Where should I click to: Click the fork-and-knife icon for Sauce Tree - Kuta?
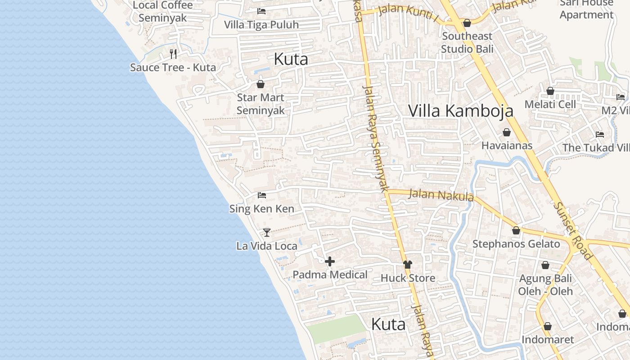(173, 54)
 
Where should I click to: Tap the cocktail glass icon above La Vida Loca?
(267, 233)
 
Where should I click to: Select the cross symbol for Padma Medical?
(330, 261)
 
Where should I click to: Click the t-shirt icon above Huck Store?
(408, 265)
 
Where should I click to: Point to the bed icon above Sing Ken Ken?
(262, 195)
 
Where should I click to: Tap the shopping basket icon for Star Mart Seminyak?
(260, 84)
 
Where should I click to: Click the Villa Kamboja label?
(460, 111)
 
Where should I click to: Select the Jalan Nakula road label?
(441, 195)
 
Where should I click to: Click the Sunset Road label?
(572, 230)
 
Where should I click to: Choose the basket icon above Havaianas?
(507, 132)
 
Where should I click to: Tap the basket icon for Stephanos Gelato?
(516, 230)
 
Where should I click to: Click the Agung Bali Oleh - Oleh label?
(545, 285)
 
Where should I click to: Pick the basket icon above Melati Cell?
(550, 91)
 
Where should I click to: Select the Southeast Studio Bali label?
(467, 42)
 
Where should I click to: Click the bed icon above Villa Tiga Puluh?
(261, 11)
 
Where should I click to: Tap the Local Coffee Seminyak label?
(162, 12)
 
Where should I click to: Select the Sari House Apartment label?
(586, 9)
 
